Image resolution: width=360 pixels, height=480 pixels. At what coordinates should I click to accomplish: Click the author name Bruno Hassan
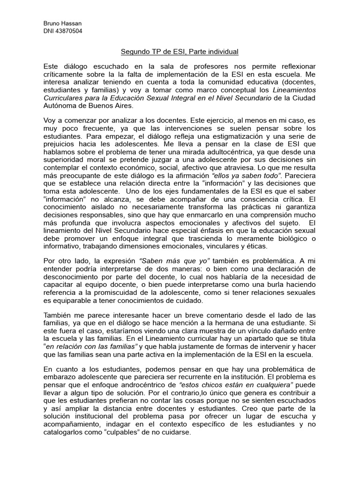click(59, 24)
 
